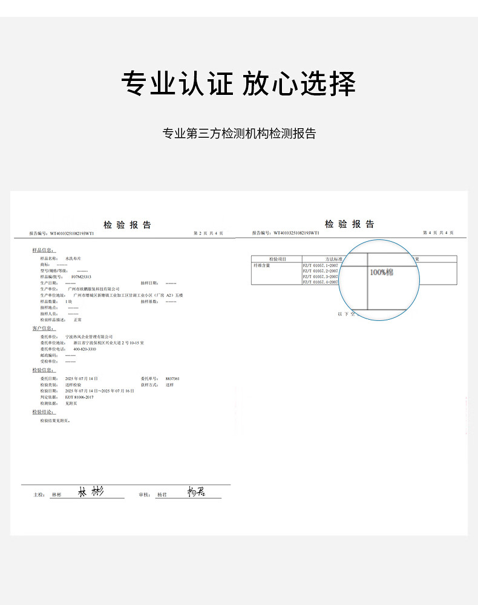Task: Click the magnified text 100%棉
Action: pyautogui.click(x=381, y=273)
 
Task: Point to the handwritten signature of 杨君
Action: pyautogui.click(x=196, y=492)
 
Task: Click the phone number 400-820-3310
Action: pyautogui.click(x=85, y=349)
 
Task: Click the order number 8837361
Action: pyautogui.click(x=172, y=378)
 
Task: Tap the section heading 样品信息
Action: pyautogui.click(x=43, y=250)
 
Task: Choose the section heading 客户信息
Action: pyautogui.click(x=43, y=328)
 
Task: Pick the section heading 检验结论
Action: pyautogui.click(x=43, y=412)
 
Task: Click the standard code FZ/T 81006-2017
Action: pyautogui.click(x=80, y=396)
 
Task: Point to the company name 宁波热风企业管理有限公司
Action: pyautogui.click(x=89, y=336)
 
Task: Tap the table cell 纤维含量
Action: pyautogui.click(x=263, y=265)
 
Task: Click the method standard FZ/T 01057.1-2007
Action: pyautogui.click(x=320, y=265)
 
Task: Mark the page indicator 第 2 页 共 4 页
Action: pyautogui.click(x=208, y=233)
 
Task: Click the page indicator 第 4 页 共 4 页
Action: pyautogui.click(x=437, y=232)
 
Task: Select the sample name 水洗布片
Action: pyautogui.click(x=73, y=258)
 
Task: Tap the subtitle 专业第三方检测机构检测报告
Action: pyautogui.click(x=239, y=134)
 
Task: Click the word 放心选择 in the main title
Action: pyautogui.click(x=299, y=83)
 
